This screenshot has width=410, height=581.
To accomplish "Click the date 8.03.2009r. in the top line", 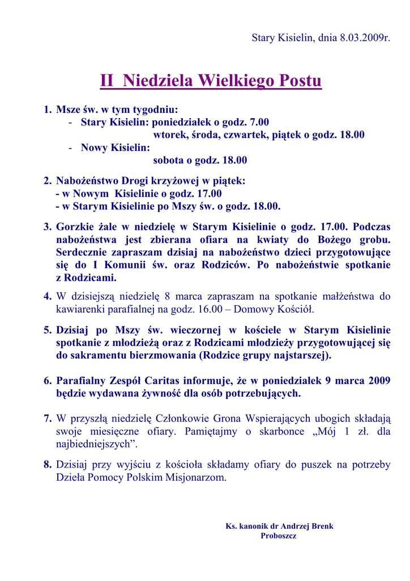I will (x=365, y=38).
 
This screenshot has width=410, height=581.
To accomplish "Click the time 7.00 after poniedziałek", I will (x=259, y=122).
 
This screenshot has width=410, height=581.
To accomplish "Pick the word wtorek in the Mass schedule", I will (x=170, y=135).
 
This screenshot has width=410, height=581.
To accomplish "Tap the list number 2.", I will (x=47, y=181).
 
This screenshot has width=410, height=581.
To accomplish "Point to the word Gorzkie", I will (x=75, y=227).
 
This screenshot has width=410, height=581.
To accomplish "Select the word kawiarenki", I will (x=80, y=310).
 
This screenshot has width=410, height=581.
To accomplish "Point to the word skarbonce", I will (x=288, y=431).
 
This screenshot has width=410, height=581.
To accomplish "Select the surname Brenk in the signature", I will (x=321, y=526).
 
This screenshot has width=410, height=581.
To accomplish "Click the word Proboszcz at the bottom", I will (x=279, y=536).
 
